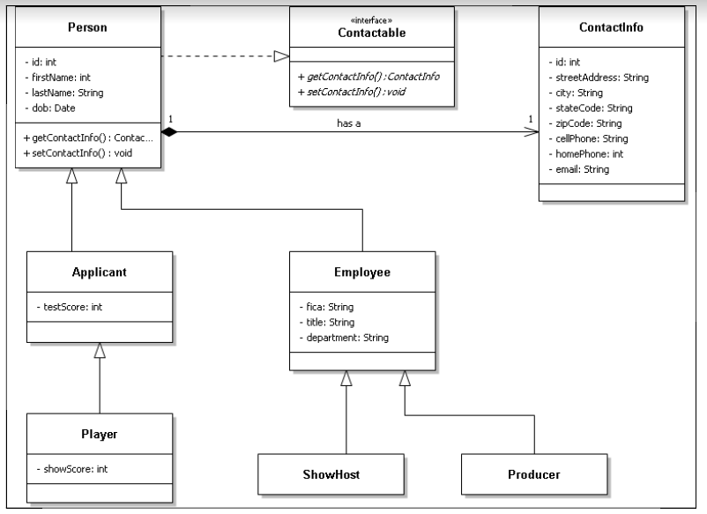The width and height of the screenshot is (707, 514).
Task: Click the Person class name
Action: coord(88,27)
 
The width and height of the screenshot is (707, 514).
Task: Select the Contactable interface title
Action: coord(374,32)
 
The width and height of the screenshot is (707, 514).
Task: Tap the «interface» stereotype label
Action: coord(374,19)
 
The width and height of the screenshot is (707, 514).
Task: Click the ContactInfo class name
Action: coord(611,27)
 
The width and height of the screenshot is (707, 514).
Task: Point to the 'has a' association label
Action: coord(349,123)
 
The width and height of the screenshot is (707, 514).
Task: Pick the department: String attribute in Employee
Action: coord(345,337)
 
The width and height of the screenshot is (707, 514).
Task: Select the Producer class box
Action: coord(533,474)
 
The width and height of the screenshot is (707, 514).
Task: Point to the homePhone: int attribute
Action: coord(585,153)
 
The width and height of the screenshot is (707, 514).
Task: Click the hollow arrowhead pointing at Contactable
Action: coord(280,56)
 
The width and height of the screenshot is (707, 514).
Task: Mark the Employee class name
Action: coord(362,272)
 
